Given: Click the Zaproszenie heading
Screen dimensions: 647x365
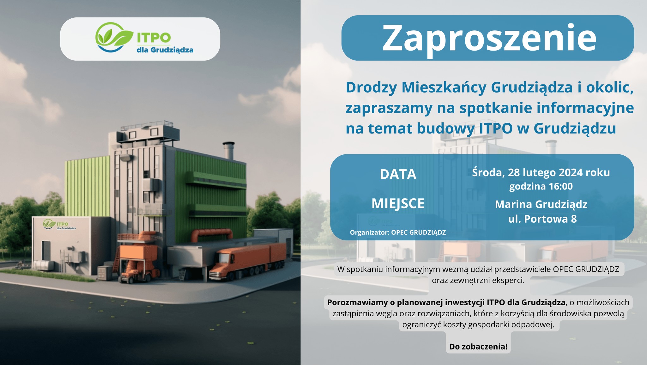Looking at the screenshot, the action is [489, 38].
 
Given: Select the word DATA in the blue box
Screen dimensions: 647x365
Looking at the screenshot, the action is [398, 174].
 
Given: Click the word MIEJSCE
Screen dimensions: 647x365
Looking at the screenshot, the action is [398, 203].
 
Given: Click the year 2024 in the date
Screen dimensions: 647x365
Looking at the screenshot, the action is [571, 172].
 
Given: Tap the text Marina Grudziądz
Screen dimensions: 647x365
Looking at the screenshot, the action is [541, 204].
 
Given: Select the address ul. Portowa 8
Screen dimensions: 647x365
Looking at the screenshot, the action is [542, 219].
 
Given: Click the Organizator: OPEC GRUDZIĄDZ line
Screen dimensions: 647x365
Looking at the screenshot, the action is [398, 232].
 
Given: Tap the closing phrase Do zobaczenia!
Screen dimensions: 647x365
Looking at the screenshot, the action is [478, 347].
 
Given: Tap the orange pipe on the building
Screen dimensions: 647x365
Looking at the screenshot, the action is [211, 235].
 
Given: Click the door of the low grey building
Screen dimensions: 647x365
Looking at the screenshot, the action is [46, 251].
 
